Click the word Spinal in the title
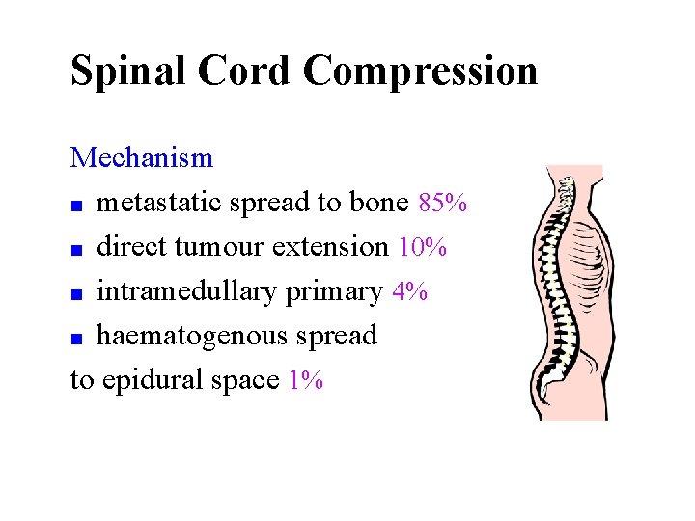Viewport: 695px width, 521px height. (x=130, y=71)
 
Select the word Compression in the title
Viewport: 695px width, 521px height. (x=420, y=71)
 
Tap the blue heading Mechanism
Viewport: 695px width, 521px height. (x=142, y=157)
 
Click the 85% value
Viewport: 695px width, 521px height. (x=444, y=203)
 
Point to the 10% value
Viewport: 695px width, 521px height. (x=422, y=247)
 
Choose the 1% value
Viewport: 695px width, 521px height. (x=306, y=381)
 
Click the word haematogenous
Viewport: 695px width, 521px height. (x=197, y=337)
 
